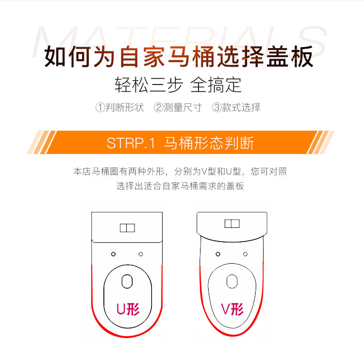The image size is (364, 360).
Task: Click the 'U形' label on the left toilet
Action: tap(128, 309)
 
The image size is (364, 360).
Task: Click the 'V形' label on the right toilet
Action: tap(232, 309)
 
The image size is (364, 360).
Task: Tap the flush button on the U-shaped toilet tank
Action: tap(127, 228)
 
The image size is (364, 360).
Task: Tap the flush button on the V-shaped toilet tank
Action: tap(232, 223)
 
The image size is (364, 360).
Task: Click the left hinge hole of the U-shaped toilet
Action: tap(113, 254)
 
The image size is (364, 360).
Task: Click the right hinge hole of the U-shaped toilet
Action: tap(141, 254)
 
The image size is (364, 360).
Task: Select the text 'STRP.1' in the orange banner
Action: tap(130, 143)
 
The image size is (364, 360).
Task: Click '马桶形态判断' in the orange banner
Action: tap(209, 143)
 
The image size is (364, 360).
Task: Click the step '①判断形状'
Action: tap(120, 107)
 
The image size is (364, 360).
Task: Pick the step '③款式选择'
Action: tap(236, 107)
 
